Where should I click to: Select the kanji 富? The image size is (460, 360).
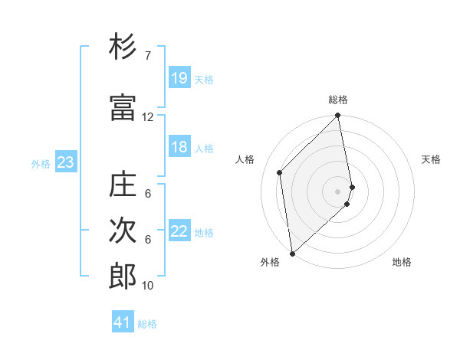click(x=123, y=108)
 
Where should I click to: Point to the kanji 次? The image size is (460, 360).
click(x=123, y=230)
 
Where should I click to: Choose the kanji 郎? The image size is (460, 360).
click(x=123, y=277)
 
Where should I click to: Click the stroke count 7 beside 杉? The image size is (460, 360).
click(x=147, y=56)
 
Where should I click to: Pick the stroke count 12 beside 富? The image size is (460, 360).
click(x=148, y=117)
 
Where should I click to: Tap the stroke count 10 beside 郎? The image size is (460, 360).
click(x=148, y=286)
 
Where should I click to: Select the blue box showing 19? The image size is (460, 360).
click(x=179, y=78)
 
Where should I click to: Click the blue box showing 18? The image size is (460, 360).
click(x=179, y=148)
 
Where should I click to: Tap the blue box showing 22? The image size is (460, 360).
click(x=179, y=232)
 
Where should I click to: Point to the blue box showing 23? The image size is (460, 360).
click(x=65, y=162)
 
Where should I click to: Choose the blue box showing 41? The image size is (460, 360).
click(x=123, y=322)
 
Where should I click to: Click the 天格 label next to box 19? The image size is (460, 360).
click(x=204, y=80)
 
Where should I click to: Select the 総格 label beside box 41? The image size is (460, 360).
click(x=147, y=324)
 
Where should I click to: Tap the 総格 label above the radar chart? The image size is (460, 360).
click(x=338, y=100)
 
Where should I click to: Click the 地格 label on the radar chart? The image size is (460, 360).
click(x=402, y=263)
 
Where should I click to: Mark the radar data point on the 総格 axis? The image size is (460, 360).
click(x=338, y=116)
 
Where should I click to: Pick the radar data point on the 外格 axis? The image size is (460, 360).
click(x=292, y=253)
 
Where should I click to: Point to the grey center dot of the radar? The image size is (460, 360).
click(x=338, y=191)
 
